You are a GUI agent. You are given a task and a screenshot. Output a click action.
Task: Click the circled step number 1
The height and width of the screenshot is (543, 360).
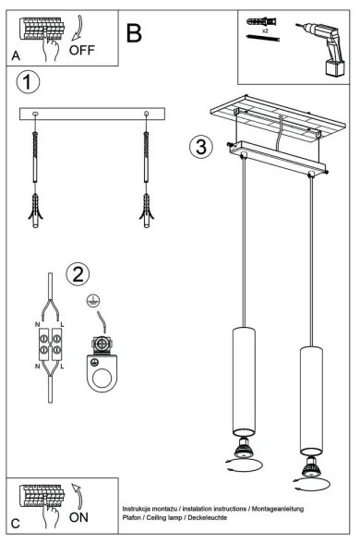point(29,84)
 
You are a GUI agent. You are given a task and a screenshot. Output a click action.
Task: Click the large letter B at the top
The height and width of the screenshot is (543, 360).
point(135,34)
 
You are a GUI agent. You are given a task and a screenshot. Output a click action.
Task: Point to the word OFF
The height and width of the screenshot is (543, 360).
point(81,50)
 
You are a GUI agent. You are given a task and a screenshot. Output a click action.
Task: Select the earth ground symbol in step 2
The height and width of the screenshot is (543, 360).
point(91,301)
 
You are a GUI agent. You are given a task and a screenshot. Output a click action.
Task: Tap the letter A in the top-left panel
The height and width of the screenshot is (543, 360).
point(17,57)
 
